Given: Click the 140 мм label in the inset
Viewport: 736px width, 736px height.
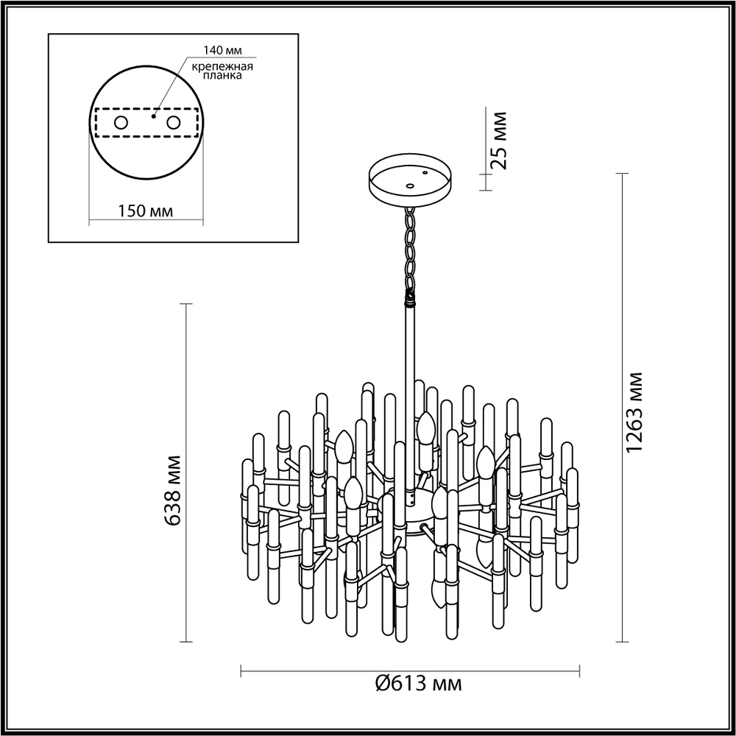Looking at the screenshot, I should [x=223, y=51].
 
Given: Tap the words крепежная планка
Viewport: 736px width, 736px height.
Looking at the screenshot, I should [x=223, y=71].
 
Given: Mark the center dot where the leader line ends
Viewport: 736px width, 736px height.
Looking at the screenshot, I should [x=154, y=115].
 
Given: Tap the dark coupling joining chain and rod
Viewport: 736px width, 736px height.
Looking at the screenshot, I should [x=409, y=299].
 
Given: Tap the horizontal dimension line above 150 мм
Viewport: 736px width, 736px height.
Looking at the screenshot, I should [x=145, y=220].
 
